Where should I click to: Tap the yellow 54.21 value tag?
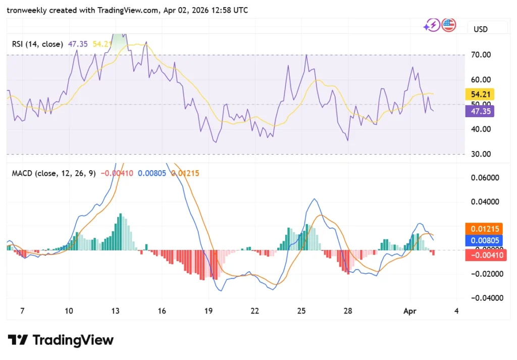coord(479,94)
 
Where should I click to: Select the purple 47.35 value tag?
coord(479,111)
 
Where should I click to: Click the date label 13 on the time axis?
coord(116,311)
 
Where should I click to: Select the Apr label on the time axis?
coord(410,311)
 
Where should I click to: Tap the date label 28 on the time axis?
coord(347,311)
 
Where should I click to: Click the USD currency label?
coord(481,29)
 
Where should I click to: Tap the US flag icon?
coord(448,25)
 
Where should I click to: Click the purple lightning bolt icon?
coord(432,25)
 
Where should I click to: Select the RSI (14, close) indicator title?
coord(38,44)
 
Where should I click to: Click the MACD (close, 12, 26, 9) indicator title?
coord(53,173)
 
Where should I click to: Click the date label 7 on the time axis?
coord(22,311)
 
